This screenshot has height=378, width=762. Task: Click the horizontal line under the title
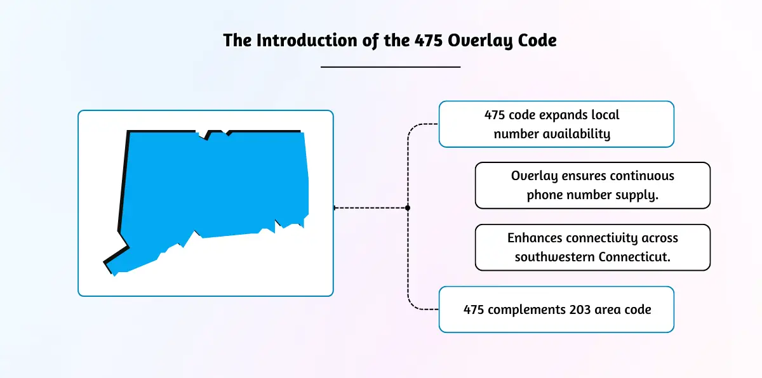390,66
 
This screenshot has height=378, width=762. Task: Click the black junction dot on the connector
408,207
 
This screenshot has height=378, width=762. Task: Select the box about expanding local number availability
556,124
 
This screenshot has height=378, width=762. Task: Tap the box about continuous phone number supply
592,185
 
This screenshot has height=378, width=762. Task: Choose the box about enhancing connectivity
592,247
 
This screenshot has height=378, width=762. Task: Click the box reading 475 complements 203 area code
556,310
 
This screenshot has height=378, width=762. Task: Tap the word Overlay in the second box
534,176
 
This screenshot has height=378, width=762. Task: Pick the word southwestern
550,257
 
